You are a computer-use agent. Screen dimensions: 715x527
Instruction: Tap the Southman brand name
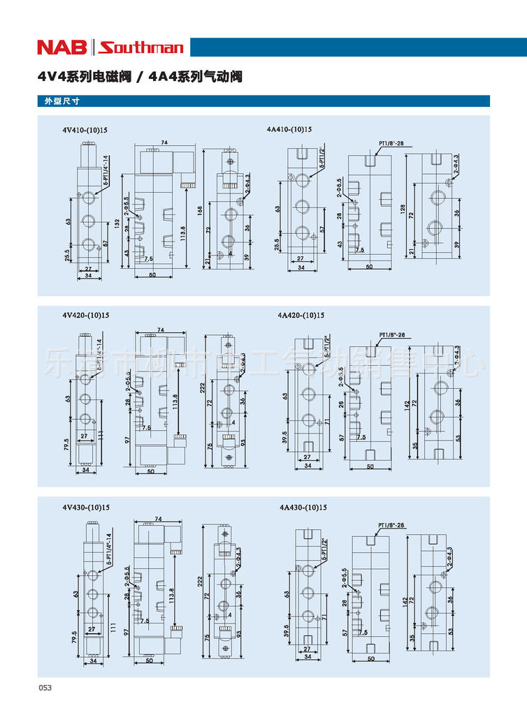pyautogui.click(x=141, y=47)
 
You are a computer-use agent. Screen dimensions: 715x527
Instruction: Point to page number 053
pyautogui.click(x=45, y=688)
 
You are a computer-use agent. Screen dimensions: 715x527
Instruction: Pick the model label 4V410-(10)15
pyautogui.click(x=85, y=130)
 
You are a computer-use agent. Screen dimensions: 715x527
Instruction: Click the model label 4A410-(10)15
pyautogui.click(x=289, y=130)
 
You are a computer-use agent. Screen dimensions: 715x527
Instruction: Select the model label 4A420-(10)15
pyautogui.click(x=301, y=315)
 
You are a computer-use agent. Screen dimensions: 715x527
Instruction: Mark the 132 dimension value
pyautogui.click(x=117, y=223)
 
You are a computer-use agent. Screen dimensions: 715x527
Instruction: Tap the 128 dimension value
pyautogui.click(x=403, y=209)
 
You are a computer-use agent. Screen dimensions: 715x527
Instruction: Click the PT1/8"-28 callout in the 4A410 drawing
pyautogui.click(x=391, y=144)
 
